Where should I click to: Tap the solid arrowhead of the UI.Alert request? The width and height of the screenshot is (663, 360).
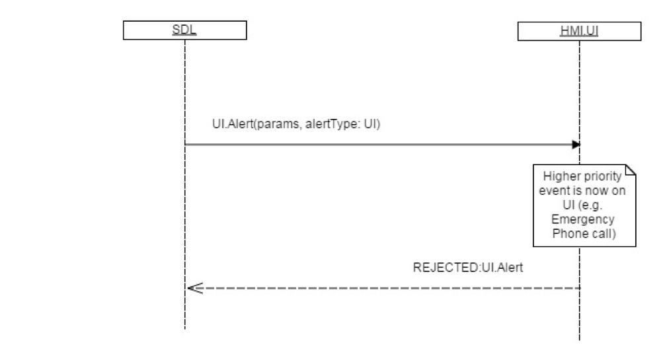click(x=576, y=144)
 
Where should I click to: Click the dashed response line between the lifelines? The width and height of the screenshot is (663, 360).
click(x=383, y=288)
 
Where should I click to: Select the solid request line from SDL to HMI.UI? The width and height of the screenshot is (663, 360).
click(x=383, y=144)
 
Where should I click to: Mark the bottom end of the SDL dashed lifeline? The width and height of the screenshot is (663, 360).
click(x=185, y=328)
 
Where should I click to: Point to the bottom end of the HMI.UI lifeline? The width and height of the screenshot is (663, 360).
click(x=579, y=339)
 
